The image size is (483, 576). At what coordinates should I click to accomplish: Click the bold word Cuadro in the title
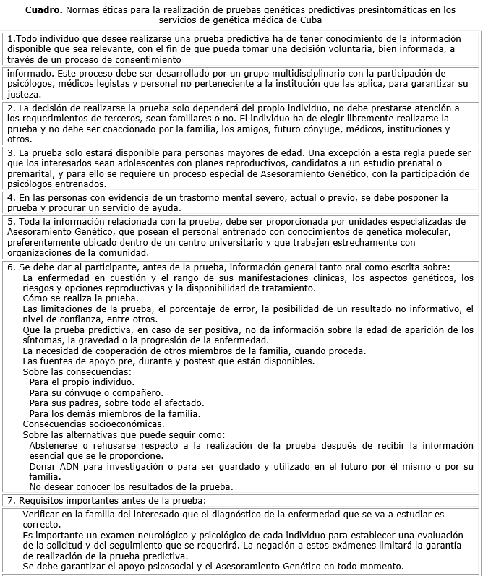43,10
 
